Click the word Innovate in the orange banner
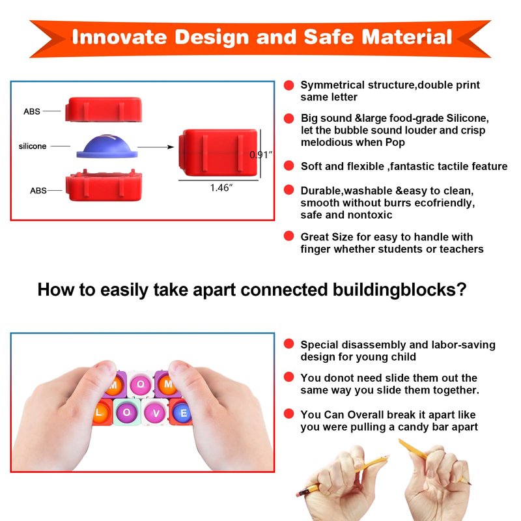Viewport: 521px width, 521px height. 119,36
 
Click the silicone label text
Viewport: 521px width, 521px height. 33,146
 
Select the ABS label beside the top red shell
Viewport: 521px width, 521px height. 32,111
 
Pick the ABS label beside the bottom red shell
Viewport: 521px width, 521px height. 38,190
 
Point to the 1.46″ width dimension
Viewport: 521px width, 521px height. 221,188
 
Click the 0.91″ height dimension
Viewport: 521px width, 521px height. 261,154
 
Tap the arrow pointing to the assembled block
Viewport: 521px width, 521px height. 156,147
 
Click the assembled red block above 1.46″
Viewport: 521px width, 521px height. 218,152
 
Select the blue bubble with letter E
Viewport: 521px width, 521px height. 182,413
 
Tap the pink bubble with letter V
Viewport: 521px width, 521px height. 156,413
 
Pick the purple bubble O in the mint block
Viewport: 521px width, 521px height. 126,412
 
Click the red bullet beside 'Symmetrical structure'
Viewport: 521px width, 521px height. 289,85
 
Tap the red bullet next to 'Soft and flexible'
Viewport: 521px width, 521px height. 289,165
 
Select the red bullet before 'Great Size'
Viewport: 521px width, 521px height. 289,236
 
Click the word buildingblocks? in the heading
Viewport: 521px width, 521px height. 400,290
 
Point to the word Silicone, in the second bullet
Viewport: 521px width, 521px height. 468,119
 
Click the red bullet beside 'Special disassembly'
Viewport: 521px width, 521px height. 289,344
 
